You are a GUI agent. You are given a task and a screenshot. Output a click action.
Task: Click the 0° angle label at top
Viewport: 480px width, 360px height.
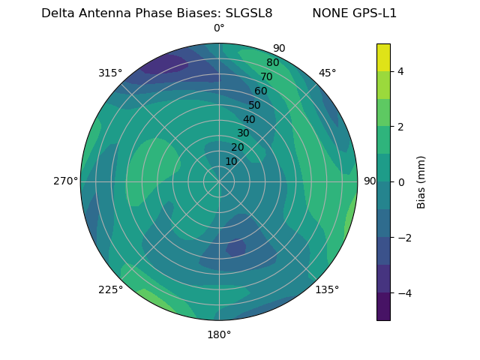[219, 28]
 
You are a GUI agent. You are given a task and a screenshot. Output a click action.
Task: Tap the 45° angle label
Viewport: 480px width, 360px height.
[327, 73]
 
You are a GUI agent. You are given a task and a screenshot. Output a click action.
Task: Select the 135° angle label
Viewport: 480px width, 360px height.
[327, 289]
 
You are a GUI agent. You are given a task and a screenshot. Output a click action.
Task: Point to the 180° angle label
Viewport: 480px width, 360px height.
[219, 334]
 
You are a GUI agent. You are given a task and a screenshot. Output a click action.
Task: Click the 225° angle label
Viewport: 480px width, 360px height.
[110, 289]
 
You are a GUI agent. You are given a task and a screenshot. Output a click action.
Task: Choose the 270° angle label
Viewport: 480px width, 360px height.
[65, 181]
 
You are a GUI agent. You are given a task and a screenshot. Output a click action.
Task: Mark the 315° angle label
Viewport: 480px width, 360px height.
[110, 73]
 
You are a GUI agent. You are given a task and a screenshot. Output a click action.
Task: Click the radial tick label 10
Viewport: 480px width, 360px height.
[231, 161]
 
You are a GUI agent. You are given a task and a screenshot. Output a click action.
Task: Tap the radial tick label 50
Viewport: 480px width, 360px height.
[255, 105]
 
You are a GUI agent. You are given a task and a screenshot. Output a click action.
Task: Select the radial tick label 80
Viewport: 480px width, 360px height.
[272, 63]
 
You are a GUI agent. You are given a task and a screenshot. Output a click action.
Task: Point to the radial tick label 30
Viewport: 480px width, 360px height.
[243, 133]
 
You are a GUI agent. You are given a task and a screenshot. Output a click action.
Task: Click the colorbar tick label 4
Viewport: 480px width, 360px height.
[401, 71]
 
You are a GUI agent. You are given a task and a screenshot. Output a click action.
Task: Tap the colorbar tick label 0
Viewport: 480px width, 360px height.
[401, 182]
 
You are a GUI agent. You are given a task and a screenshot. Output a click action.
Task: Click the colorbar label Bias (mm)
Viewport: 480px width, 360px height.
[421, 182]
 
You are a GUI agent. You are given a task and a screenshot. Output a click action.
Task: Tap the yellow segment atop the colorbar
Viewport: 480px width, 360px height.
[383, 57]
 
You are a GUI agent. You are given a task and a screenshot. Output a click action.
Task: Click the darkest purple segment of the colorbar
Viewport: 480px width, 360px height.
[383, 307]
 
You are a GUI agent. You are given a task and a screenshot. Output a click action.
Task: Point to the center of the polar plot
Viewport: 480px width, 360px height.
[219, 181]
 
